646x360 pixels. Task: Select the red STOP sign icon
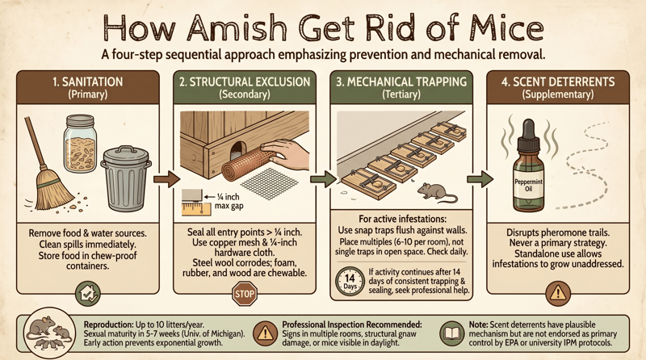click(244, 294)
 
